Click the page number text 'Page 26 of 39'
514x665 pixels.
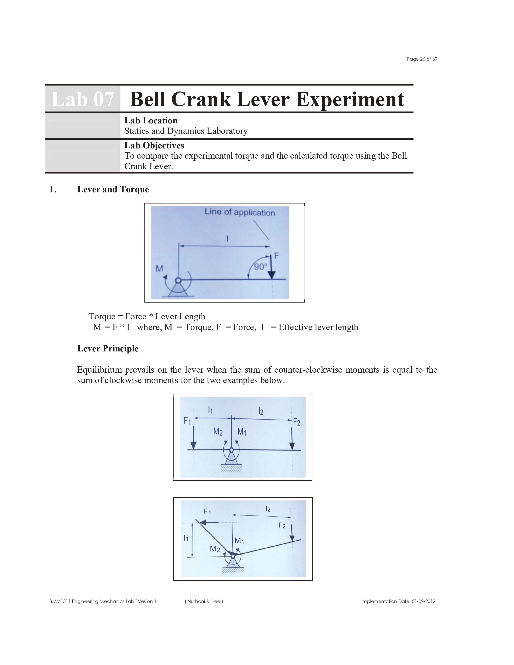[421, 59]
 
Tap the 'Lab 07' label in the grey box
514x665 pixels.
[82, 99]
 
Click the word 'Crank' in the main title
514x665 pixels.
[201, 99]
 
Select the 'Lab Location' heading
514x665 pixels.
[151, 121]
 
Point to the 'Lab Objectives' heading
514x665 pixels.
[154, 145]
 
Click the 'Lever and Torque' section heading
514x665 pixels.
[113, 189]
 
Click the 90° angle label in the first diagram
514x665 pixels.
[260, 267]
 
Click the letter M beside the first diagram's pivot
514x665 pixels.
[159, 269]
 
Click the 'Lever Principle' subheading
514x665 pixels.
[108, 348]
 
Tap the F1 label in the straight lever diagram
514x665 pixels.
[187, 421]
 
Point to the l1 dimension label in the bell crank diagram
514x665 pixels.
[186, 538]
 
